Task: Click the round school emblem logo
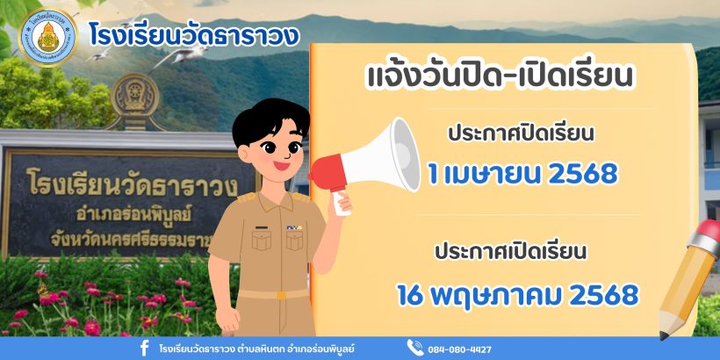(48, 37)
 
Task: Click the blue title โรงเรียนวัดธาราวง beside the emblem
(194, 36)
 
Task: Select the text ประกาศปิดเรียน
(522, 134)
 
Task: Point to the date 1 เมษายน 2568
(522, 174)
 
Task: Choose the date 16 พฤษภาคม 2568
(518, 295)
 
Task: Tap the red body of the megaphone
(328, 173)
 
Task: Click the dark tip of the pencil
(663, 335)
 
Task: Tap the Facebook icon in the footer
(144, 349)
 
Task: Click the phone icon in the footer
(414, 348)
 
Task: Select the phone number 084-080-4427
(459, 349)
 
